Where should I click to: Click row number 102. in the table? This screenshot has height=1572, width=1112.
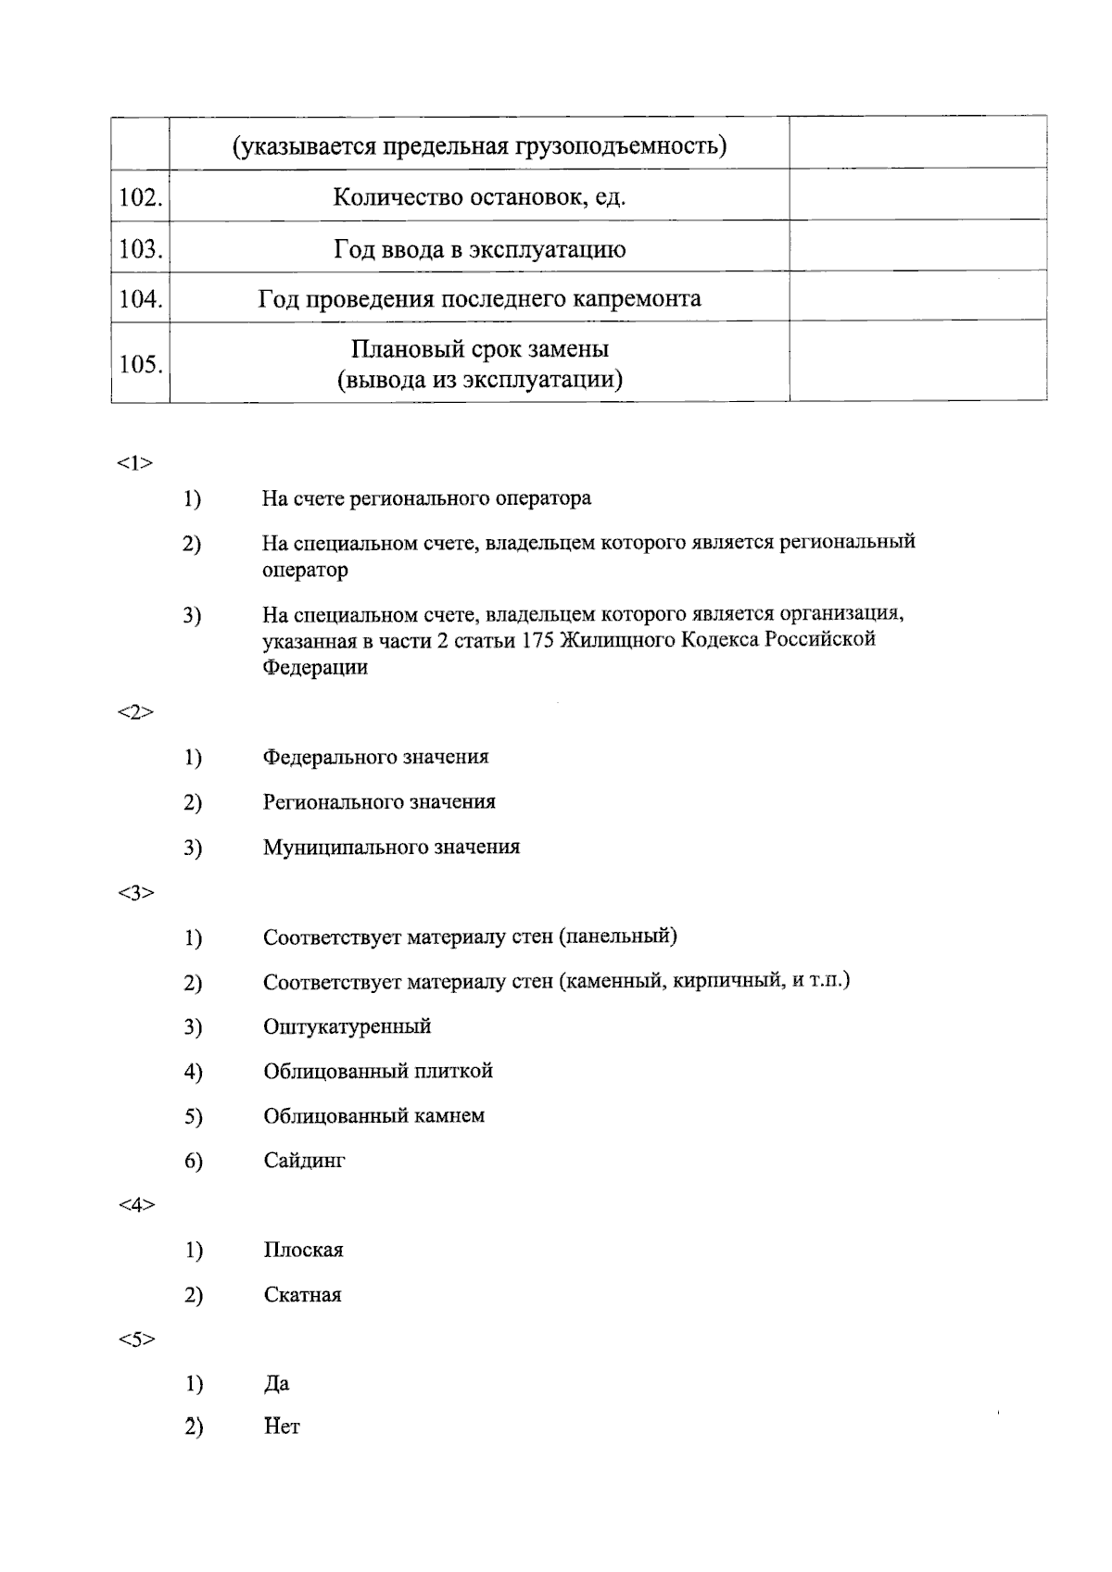pos(141,197)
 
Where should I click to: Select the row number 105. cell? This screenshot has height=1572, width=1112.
pos(141,364)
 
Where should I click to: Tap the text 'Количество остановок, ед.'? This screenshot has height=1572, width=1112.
pos(479,197)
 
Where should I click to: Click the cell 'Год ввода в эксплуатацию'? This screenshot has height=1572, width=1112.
pos(479,249)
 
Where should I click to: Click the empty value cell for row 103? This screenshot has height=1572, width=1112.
pos(917,246)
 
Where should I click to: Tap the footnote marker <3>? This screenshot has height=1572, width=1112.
pos(135,893)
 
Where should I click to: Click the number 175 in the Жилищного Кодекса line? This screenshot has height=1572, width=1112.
pos(538,640)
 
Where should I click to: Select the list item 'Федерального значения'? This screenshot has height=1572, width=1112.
pos(375,757)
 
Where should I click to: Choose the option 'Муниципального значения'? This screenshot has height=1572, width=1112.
pos(391,847)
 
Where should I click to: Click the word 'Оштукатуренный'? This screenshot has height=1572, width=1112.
pos(347,1026)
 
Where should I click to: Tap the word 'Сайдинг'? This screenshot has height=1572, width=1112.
pos(304,1161)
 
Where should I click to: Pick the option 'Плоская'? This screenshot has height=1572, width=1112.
pos(303,1251)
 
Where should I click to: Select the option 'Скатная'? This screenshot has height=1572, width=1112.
pos(302,1295)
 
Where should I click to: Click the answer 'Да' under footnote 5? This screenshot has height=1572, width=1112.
pos(276,1384)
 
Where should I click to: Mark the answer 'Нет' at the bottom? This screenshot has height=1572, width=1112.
pos(282,1427)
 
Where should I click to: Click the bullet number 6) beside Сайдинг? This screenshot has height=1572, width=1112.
pos(193,1161)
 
